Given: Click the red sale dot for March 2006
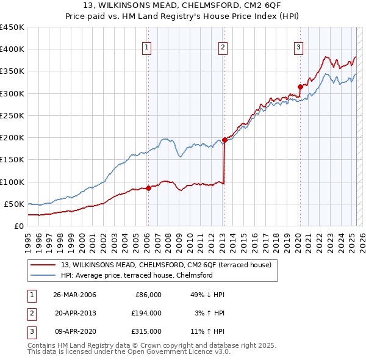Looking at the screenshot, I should (x=148, y=188).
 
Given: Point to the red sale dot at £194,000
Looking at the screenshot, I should (x=224, y=140).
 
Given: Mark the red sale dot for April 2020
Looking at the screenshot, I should (x=300, y=87).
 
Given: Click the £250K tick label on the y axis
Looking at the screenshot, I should (x=12, y=115).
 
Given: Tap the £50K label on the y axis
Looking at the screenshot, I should (x=15, y=204).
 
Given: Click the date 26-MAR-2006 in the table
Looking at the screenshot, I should (x=74, y=295).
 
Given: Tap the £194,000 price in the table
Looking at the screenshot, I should (x=146, y=313).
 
